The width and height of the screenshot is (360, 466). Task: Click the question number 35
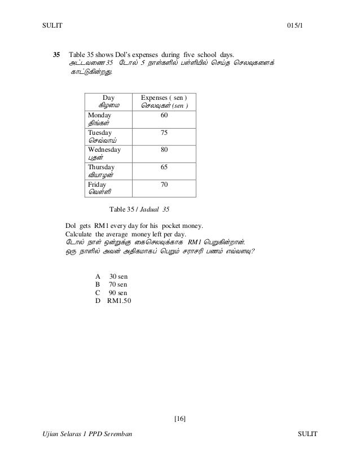coord(56,55)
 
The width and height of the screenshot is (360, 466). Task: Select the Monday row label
coord(99,115)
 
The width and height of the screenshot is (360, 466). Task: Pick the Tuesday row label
coord(100,133)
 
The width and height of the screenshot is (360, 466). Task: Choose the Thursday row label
coord(102,168)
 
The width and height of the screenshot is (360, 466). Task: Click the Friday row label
coord(98,184)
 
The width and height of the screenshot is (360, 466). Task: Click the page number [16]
coord(180,418)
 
